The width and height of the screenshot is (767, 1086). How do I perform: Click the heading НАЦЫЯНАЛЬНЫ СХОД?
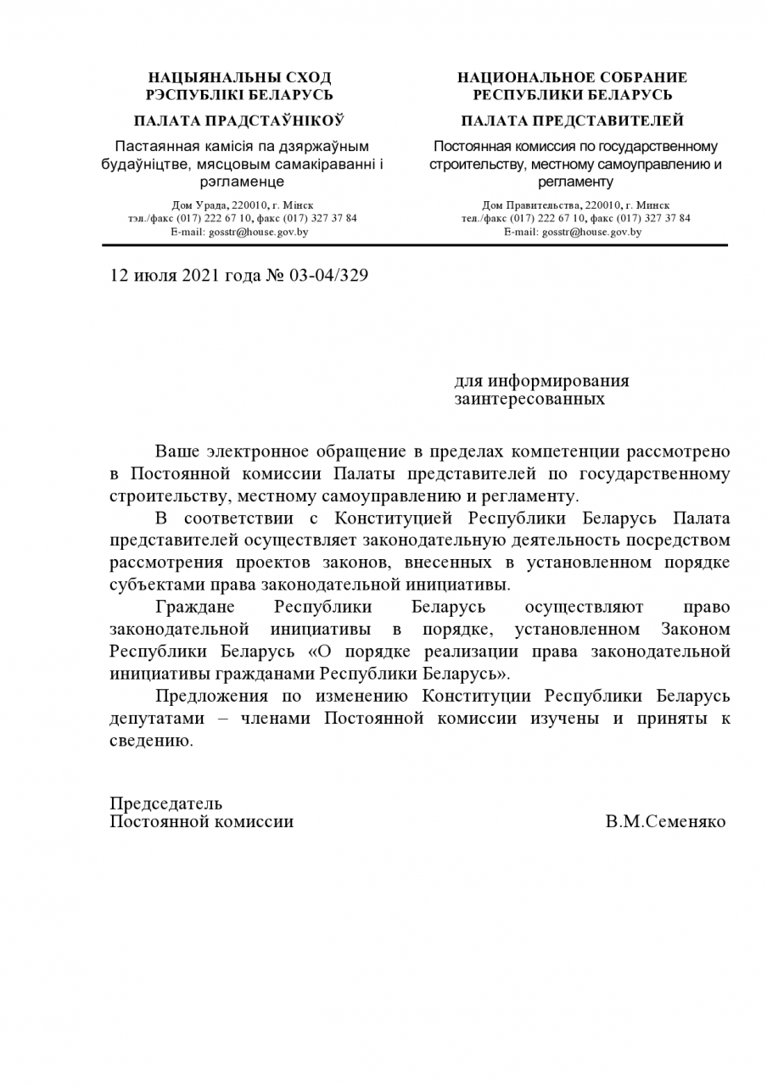[x=239, y=78]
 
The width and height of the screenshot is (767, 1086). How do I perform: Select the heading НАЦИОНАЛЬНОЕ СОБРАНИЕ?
[x=572, y=78]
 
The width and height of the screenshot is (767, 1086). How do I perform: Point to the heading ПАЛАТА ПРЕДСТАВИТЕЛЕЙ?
[x=572, y=120]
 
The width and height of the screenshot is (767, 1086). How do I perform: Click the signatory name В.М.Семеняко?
[x=665, y=822]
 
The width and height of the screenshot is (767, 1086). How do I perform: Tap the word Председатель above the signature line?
[x=165, y=803]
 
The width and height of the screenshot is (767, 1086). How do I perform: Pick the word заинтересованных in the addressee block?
[x=529, y=399]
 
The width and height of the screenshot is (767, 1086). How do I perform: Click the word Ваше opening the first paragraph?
[x=177, y=452]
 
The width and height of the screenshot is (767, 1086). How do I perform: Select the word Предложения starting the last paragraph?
[x=208, y=696]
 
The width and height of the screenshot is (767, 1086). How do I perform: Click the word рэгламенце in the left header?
[x=242, y=182]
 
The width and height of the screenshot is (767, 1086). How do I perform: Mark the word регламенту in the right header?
[x=574, y=182]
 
